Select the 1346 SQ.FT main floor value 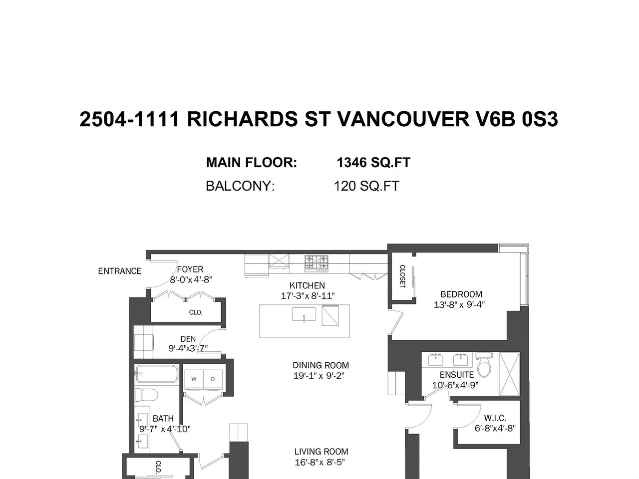(373, 162)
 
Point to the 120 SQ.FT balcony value (366, 186)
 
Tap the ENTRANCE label (120, 271)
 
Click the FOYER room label (190, 269)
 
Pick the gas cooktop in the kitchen (317, 263)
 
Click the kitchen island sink (304, 314)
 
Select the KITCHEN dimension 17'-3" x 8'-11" (308, 296)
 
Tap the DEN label (188, 339)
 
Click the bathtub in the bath (157, 374)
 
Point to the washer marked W (194, 379)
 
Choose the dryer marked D (213, 379)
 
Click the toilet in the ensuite (484, 365)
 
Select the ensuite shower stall (510, 374)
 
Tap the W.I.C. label (495, 418)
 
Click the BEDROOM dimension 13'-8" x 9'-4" (459, 305)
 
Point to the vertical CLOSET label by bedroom (402, 276)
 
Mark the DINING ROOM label (321, 365)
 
